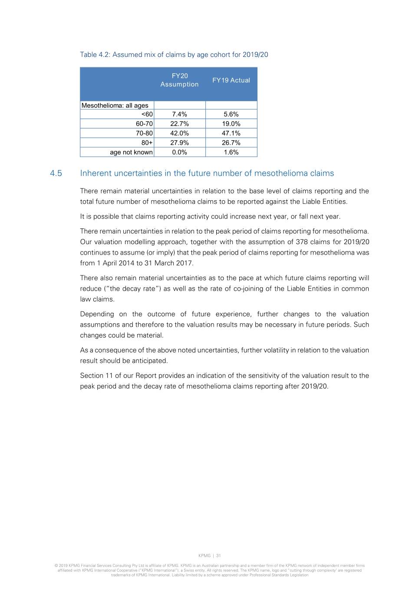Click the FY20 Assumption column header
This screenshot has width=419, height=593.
[179, 80]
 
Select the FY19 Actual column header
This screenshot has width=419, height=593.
[231, 80]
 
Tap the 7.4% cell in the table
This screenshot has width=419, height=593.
[179, 114]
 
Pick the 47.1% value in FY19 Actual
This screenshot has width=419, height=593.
[231, 133]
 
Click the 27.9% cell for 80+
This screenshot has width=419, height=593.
[179, 143]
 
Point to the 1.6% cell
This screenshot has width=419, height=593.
[231, 152]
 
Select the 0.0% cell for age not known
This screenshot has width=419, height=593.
[179, 152]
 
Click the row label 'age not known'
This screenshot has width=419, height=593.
[131, 152]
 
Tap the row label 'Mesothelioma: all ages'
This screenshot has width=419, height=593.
[115, 105]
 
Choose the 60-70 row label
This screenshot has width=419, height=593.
[144, 124]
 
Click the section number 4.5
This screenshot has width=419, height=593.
[56, 173]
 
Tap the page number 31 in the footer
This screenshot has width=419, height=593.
[218, 556]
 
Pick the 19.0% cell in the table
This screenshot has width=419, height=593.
[231, 124]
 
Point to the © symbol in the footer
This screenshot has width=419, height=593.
[56, 566]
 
